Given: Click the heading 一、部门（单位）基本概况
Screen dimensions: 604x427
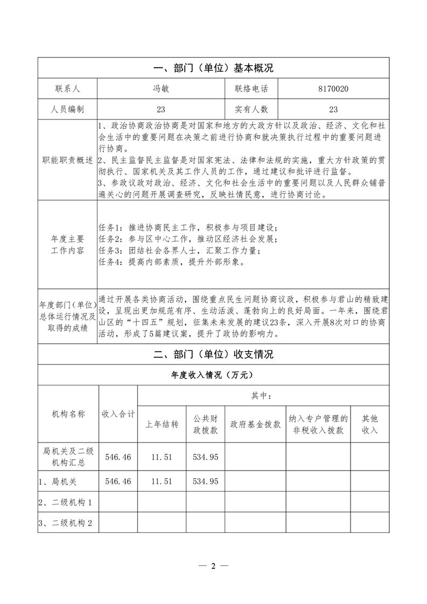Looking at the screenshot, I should click(214, 68).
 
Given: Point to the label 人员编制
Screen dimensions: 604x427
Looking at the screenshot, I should click(67, 109).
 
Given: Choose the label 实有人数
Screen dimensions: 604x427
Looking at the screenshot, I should click(251, 109).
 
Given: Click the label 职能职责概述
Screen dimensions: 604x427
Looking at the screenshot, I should click(67, 160).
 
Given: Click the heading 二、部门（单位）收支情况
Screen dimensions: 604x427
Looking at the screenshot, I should click(214, 354).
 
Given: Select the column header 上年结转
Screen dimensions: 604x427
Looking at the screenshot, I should click(162, 424).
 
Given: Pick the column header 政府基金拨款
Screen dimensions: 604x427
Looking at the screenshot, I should click(255, 424).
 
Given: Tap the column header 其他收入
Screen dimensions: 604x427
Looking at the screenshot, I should click(369, 424).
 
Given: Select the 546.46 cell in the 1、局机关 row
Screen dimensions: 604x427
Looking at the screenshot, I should click(118, 481).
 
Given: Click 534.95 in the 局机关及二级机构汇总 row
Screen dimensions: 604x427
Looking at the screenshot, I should click(205, 456).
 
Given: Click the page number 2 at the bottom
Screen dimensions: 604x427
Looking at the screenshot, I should click(214, 566).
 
